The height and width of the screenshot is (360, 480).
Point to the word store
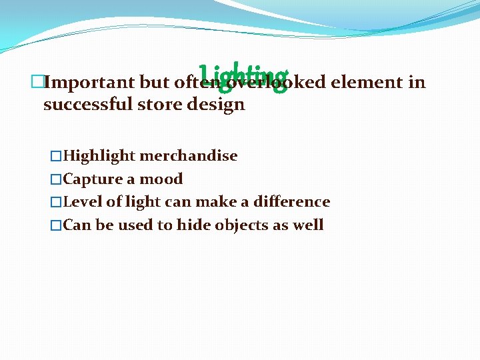point(165,105)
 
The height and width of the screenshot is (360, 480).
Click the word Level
point(81,201)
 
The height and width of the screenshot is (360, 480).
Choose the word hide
point(193,225)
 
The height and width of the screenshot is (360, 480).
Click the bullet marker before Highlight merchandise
point(57,156)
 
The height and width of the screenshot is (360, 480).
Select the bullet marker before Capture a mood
point(57,179)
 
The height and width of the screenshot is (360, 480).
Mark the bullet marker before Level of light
point(57,201)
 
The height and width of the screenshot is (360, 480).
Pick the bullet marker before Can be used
point(57,225)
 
